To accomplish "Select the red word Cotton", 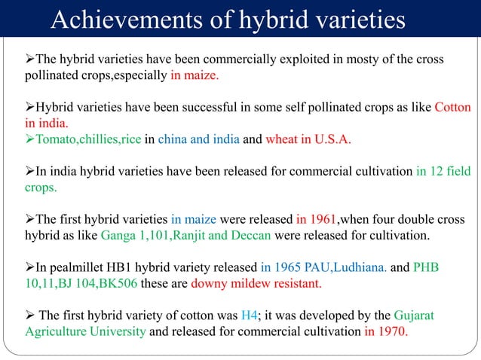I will click(x=452, y=108).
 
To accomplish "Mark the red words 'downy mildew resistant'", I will click(x=256, y=285).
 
